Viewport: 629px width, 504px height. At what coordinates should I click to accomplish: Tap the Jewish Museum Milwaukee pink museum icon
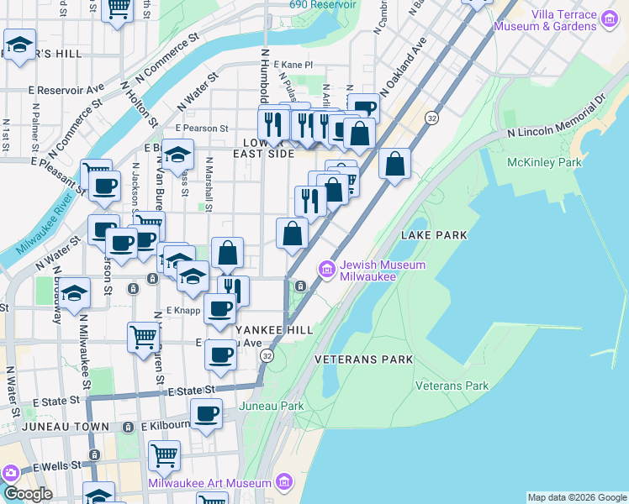[x=325, y=269]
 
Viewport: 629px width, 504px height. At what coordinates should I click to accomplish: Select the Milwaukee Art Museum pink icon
[x=284, y=483]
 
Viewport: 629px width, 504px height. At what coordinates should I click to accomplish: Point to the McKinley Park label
[x=534, y=161]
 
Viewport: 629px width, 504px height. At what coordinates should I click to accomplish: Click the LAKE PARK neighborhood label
[x=434, y=236]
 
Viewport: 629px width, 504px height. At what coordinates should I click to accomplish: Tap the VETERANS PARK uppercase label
[x=364, y=360]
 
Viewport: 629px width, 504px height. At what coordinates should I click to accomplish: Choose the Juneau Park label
[x=271, y=406]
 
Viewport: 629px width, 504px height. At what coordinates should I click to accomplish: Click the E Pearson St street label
[x=202, y=129]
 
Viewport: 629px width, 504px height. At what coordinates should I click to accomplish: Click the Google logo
[x=28, y=493]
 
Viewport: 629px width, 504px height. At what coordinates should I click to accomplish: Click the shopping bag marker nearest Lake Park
[x=394, y=162]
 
